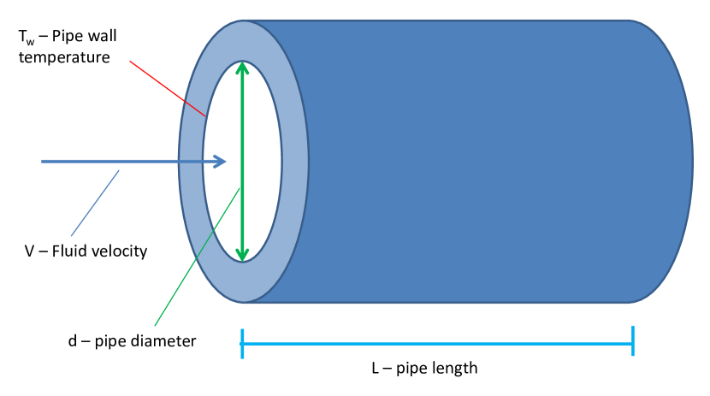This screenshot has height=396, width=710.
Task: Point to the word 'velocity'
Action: [119, 251]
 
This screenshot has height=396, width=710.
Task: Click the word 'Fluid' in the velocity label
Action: [71, 251]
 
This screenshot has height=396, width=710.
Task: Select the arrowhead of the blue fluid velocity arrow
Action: [220, 161]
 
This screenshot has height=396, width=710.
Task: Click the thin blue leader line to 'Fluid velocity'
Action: [95, 203]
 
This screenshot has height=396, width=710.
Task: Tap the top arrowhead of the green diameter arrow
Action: [243, 68]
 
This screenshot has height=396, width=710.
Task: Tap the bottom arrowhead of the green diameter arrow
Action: [243, 254]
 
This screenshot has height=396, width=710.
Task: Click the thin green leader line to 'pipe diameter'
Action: [197, 257]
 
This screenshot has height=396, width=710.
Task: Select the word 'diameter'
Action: [169, 340]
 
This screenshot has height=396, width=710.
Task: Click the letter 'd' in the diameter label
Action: [73, 340]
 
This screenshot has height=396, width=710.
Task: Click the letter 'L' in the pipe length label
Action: [375, 369]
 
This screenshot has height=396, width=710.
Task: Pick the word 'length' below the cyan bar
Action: [454, 369]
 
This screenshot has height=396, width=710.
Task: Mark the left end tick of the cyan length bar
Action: [243, 342]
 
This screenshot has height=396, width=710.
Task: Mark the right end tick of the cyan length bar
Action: [632, 342]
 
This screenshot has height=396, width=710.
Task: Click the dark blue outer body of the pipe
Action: [488, 163]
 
